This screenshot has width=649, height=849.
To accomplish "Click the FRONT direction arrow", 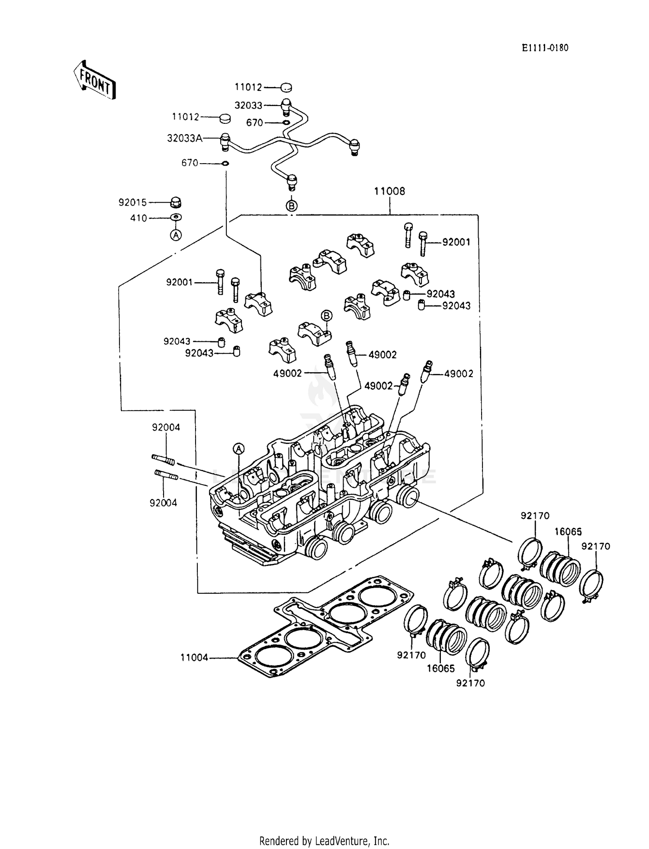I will point(94,80).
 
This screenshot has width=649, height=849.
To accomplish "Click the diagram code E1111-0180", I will point(544,48).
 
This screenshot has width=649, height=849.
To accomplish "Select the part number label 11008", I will point(389,191).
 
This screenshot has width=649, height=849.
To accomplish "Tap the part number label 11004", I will point(194,658).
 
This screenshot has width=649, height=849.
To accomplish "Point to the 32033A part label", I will point(185,138).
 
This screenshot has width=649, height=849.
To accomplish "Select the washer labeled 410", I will point(176,217).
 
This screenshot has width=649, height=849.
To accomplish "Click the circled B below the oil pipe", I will point(292,206).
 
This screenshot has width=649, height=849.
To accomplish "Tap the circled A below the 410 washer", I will point(175,235).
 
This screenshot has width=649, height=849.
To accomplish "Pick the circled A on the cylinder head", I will point(239,449).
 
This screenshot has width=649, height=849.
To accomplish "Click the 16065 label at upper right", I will point(568,532).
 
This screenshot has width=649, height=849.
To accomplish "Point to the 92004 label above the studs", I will point(166,428).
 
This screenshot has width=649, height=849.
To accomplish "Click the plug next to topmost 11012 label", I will point(286,88).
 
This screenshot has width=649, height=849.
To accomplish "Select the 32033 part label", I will point(248,106).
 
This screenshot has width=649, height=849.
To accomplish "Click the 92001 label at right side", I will point(456,242).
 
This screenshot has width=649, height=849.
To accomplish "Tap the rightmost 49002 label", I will point(459,373).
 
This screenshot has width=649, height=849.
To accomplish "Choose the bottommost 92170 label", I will point(470,683).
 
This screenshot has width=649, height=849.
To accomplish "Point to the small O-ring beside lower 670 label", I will point(225,164).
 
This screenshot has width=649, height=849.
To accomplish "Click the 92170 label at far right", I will point(595,547).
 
